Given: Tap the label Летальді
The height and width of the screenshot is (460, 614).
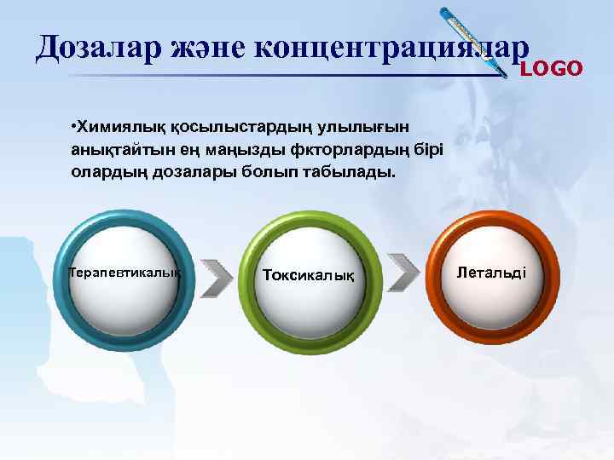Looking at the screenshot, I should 492,273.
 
